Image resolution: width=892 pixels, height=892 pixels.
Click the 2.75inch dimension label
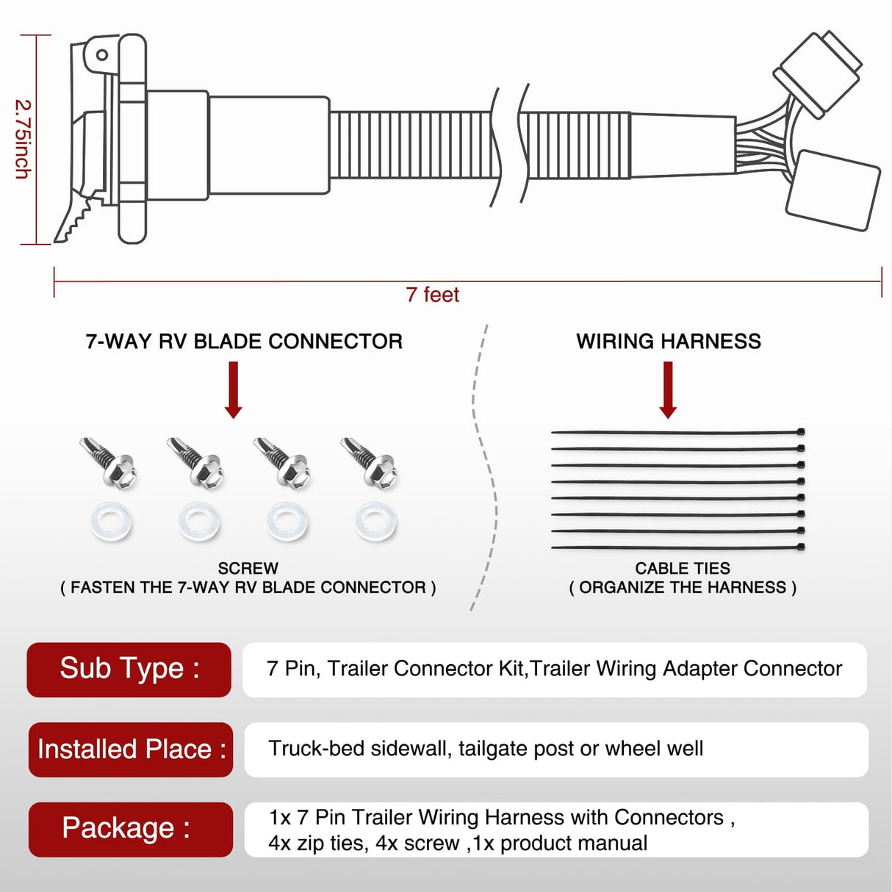pyautogui.click(x=23, y=140)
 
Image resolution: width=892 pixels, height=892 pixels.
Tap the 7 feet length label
pyautogui.click(x=432, y=295)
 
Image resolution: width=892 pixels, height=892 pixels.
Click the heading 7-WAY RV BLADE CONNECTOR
pyautogui.click(x=244, y=342)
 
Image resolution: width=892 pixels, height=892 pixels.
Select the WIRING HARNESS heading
pyautogui.click(x=668, y=342)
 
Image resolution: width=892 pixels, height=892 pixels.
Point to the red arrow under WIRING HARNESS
pyautogui.click(x=668, y=389)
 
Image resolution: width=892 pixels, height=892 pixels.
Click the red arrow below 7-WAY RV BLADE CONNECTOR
pyautogui.click(x=234, y=389)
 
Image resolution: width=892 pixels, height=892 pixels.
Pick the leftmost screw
pyautogui.click(x=109, y=462)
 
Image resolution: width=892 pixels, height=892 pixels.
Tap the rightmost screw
pyautogui.click(x=371, y=462)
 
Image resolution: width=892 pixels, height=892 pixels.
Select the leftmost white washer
pyautogui.click(x=112, y=522)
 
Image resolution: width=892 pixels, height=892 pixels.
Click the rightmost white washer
pyautogui.click(x=375, y=522)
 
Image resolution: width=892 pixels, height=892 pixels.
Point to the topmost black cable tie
pyautogui.click(x=676, y=432)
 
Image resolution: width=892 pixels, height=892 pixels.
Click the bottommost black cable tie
pyautogui.click(x=676, y=547)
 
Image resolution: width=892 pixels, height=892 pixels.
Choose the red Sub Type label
pyautogui.click(x=129, y=669)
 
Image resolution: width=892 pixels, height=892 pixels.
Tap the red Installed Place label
pyautogui.click(x=131, y=749)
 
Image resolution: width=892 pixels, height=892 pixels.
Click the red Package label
pyautogui.click(x=129, y=829)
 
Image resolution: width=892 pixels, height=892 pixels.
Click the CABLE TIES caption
pyautogui.click(x=683, y=569)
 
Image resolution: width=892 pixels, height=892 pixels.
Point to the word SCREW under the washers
pyautogui.click(x=248, y=569)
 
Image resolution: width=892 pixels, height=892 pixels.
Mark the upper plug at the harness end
pyautogui.click(x=817, y=73)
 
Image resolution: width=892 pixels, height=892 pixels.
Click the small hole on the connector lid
pyautogui.click(x=102, y=55)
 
